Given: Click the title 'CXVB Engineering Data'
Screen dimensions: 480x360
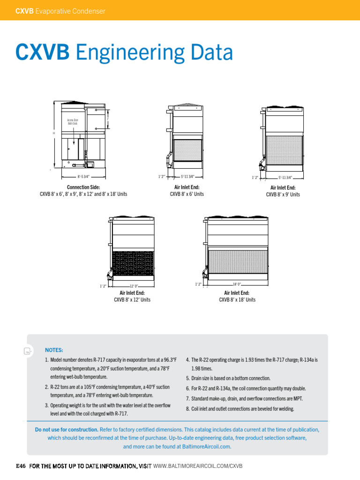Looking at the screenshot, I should click(124, 53).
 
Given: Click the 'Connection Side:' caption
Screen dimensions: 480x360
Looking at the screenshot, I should click(83, 187).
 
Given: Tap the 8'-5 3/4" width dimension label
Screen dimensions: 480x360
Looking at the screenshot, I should click(83, 177).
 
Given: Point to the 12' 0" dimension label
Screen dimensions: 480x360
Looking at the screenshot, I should click(133, 286).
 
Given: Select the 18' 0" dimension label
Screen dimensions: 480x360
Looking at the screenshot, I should click(237, 284).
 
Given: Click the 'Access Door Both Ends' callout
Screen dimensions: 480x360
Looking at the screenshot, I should click(73, 122).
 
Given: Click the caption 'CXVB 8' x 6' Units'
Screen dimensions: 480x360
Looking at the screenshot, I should click(187, 194).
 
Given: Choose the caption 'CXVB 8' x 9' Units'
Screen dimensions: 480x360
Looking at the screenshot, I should click(283, 195).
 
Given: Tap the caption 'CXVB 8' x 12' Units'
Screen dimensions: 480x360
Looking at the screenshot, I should click(132, 300).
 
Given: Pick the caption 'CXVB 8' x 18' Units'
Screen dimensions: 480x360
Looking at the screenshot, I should click(237, 300).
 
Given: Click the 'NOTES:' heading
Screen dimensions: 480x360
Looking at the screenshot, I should click(54, 350).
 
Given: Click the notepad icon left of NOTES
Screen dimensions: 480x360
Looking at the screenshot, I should click(28, 351).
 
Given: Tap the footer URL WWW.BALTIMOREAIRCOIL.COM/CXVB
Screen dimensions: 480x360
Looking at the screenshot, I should click(197, 466).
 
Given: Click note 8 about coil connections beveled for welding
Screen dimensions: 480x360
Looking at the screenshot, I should click(242, 409).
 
